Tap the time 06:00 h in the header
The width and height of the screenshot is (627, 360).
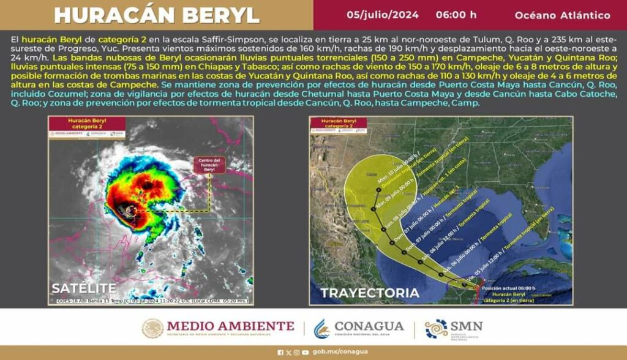(456, 15)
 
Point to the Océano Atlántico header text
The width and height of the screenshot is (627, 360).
(562, 15)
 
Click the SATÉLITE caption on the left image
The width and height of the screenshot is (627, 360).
(84, 288)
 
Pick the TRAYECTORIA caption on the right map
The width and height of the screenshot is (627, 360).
(370, 293)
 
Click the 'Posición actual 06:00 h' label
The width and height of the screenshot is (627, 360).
(508, 288)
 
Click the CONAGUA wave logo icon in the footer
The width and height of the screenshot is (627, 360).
(321, 328)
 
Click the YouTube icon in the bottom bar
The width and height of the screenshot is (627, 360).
(305, 352)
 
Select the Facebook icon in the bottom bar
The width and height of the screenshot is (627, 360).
(280, 352)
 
